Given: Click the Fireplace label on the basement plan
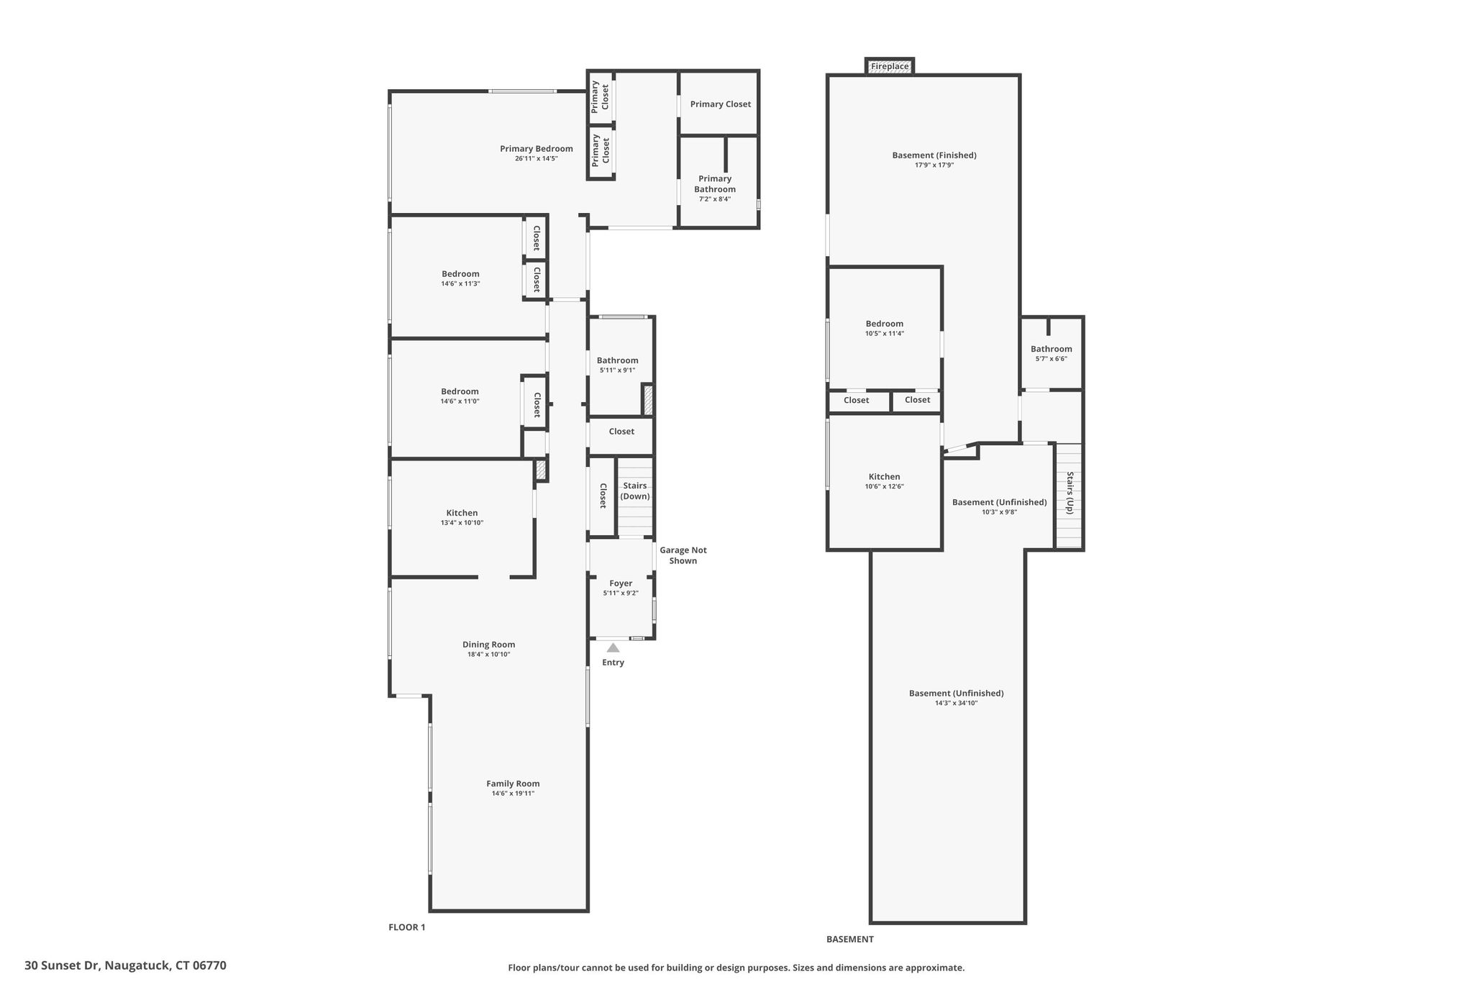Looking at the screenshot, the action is pos(890,66).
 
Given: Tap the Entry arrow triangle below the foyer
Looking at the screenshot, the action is pos(613,647).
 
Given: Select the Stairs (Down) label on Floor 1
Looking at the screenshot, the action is pos(635,491).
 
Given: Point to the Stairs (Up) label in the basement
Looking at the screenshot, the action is pos(1070,493).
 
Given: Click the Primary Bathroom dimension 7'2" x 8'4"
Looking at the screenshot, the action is pos(715,199).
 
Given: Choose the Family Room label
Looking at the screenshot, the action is pos(513,783).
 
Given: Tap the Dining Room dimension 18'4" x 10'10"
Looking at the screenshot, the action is pos(489,655).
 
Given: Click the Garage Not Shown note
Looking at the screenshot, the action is pos(683,555).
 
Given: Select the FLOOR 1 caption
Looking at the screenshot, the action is pos(407,927).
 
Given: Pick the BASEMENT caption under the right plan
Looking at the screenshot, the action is pos(850,939).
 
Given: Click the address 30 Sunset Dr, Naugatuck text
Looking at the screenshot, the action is pos(125,965).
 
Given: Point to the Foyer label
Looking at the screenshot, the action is pos(621,583).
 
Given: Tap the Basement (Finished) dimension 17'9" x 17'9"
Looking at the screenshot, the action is pos(934,165).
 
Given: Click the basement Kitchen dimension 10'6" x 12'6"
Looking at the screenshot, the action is pos(885,486).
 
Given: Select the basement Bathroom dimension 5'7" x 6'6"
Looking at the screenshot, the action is pos(1052,359).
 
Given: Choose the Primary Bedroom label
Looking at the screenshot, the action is pos(537,149).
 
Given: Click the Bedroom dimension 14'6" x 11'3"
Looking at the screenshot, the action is pos(460,283).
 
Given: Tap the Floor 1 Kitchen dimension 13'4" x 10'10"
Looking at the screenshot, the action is pos(462,523).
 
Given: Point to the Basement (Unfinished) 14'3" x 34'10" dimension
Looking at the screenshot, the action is pos(957,703).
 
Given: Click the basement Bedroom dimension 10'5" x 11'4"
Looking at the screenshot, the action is pos(885,333).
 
